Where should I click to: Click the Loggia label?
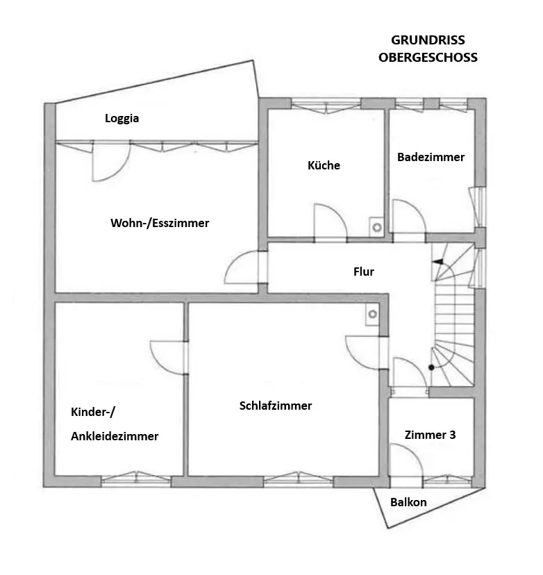pyautogui.click(x=122, y=118)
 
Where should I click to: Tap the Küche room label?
pyautogui.click(x=324, y=165)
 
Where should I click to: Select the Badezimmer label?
pyautogui.click(x=431, y=157)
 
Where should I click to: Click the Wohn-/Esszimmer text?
pyautogui.click(x=160, y=223)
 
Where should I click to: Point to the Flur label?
pyautogui.click(x=364, y=272)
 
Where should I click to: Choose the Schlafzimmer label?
pyautogui.click(x=276, y=406)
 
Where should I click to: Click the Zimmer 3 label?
pyautogui.click(x=431, y=435)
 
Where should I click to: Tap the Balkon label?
pyautogui.click(x=408, y=502)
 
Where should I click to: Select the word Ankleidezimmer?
pyautogui.click(x=115, y=436)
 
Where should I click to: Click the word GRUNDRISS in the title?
pyautogui.click(x=428, y=40)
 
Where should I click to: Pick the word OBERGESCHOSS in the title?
pyautogui.click(x=428, y=58)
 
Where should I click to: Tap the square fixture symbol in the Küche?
pyautogui.click(x=376, y=226)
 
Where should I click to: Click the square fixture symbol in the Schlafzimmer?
pyautogui.click(x=373, y=314)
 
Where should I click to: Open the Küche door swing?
pyautogui.click(x=331, y=222)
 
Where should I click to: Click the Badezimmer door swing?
pyautogui.click(x=409, y=217)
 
